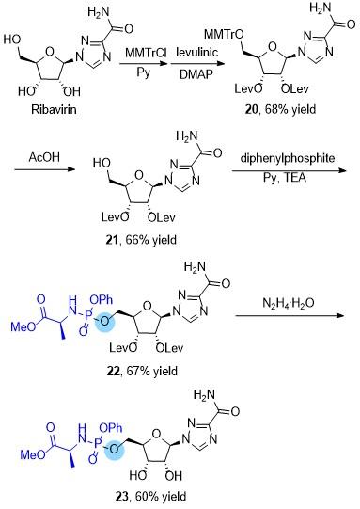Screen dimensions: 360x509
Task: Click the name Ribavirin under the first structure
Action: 54,109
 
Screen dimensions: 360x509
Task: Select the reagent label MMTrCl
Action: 146,54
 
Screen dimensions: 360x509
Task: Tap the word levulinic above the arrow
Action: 196,52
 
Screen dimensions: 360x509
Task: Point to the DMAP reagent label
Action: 196,74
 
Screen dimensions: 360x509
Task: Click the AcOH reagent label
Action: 44,157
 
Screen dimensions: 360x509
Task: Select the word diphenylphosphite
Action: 288,158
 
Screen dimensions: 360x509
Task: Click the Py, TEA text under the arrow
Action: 285,177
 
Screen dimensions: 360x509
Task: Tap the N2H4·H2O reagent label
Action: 288,303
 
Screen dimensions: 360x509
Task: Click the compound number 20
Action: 252,109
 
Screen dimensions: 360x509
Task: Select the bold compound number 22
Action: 114,371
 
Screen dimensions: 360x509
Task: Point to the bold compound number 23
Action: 122,497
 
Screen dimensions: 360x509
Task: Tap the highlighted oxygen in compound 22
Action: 104,321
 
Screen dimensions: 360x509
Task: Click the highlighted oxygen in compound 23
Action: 114,449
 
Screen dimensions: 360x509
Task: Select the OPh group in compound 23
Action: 111,428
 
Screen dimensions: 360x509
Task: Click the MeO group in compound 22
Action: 23,326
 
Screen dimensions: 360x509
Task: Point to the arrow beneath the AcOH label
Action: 45,169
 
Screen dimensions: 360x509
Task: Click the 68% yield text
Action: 290,109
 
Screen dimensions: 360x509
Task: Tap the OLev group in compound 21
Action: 162,217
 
